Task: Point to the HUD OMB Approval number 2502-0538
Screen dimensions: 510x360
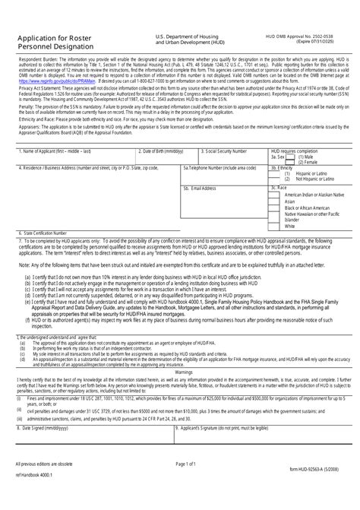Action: (330, 36)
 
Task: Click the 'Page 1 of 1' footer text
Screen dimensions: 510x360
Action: (185, 484)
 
